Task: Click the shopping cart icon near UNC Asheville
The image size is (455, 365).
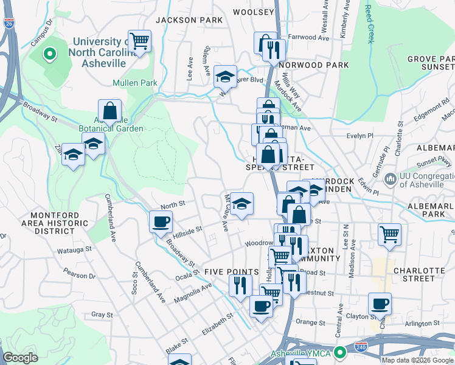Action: (x=140, y=41)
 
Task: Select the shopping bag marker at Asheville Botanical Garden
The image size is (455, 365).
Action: (x=109, y=111)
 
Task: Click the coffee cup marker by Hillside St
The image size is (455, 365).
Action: (x=161, y=222)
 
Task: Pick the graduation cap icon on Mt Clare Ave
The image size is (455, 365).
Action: (x=241, y=204)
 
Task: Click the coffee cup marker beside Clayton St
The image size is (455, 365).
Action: (x=380, y=304)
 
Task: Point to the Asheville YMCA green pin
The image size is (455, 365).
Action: (x=339, y=352)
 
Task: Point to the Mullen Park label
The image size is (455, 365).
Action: (x=135, y=83)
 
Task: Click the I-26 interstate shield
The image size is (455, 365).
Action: (x=9, y=24)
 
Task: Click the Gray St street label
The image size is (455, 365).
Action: (x=102, y=315)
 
